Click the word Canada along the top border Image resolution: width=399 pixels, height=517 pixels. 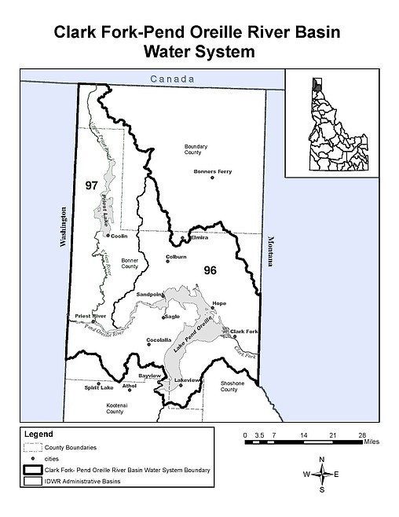click(x=170, y=79)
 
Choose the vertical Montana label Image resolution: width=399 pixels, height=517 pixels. click(x=269, y=251)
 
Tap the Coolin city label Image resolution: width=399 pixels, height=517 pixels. click(x=119, y=236)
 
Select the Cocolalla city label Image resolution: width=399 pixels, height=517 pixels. click(x=159, y=339)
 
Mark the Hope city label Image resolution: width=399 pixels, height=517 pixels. click(x=219, y=302)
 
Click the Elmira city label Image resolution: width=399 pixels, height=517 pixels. click(x=198, y=236)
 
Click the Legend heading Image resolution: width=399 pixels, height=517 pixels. click(x=38, y=433)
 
